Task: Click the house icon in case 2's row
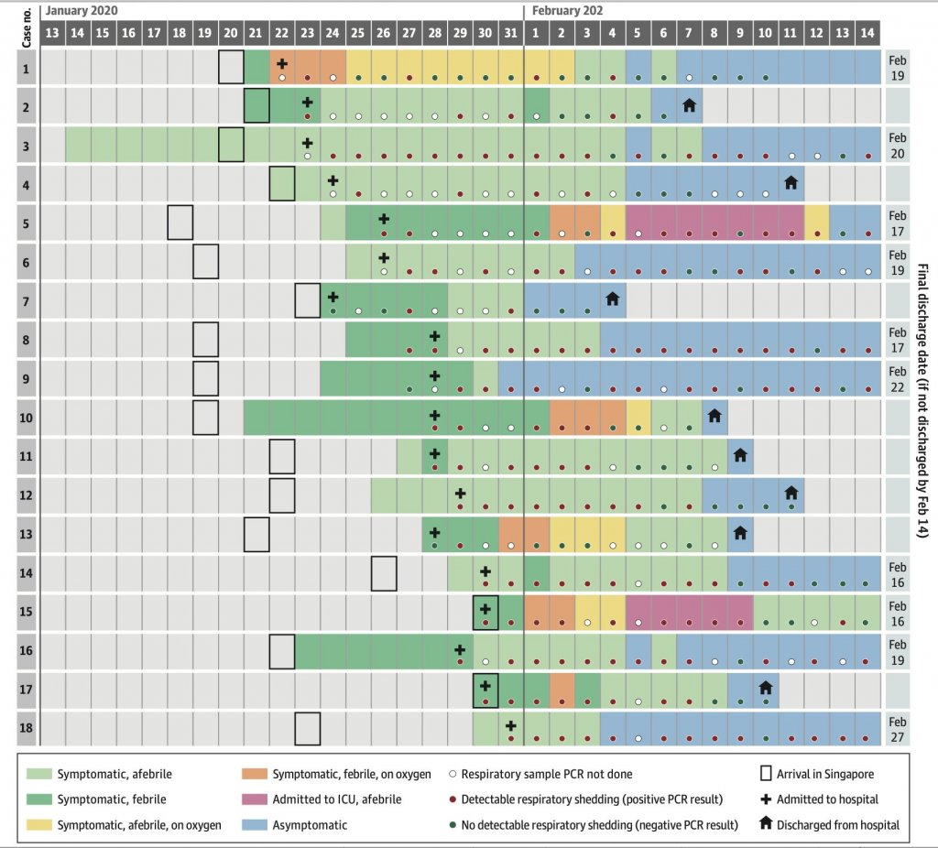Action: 689,104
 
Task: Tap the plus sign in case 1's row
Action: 282,64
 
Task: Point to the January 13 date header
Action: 53,32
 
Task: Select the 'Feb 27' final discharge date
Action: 898,729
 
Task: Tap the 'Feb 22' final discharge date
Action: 898,378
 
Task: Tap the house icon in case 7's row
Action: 612,299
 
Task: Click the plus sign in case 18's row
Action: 511,724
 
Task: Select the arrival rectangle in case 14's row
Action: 384,574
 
